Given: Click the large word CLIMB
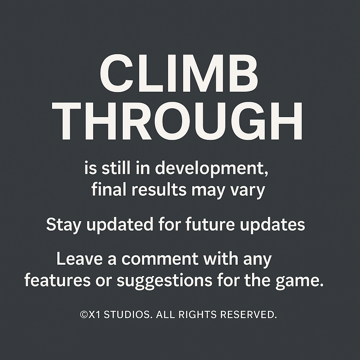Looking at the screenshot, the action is click(179, 73).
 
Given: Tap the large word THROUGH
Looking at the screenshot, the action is click(177, 121).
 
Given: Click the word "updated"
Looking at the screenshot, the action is click(120, 225).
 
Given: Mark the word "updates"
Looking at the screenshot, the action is click(272, 225).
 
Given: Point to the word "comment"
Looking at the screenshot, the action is click(160, 259).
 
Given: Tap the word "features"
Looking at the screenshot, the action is click(57, 280).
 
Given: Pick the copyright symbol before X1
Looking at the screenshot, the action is click(84, 315).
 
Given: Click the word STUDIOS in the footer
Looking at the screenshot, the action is click(128, 315).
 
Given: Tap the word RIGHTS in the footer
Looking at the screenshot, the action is click(197, 315).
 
